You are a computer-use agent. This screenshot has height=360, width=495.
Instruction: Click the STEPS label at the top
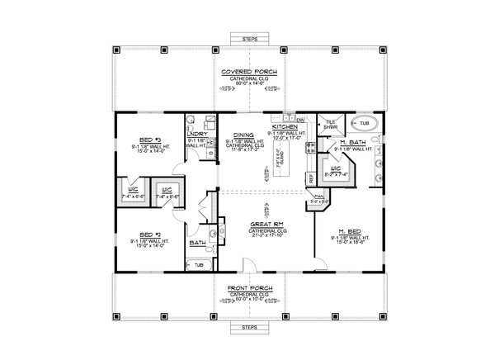point(247,39)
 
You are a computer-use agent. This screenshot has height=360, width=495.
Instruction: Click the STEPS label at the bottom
point(247,328)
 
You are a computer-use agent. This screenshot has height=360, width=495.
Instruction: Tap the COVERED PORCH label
point(247,73)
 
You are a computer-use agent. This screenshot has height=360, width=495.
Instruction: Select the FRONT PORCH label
point(247,289)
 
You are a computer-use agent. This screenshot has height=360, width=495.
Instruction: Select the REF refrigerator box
point(310,177)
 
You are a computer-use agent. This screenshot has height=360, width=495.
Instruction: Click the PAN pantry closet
point(318,197)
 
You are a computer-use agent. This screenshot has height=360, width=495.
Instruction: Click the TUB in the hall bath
point(198,266)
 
